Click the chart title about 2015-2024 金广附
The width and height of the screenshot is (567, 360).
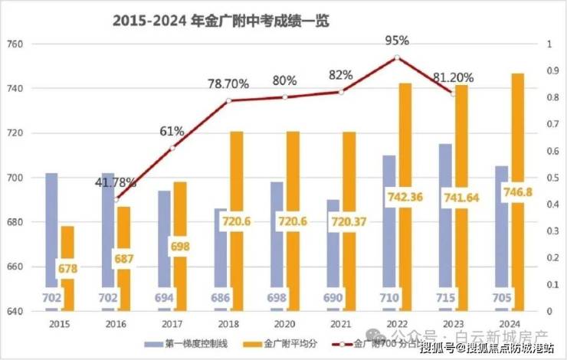[221, 21]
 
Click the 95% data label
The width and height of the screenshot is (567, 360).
[396, 39]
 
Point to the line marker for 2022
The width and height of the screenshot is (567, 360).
[396, 57]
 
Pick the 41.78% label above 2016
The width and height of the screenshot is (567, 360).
[116, 183]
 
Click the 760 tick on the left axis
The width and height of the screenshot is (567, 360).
[17, 44]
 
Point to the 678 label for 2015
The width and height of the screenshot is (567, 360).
[68, 269]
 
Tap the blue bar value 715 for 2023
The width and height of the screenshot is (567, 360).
[446, 296]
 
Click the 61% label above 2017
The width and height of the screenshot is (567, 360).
[171, 131]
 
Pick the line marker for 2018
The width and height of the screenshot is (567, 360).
[228, 100]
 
